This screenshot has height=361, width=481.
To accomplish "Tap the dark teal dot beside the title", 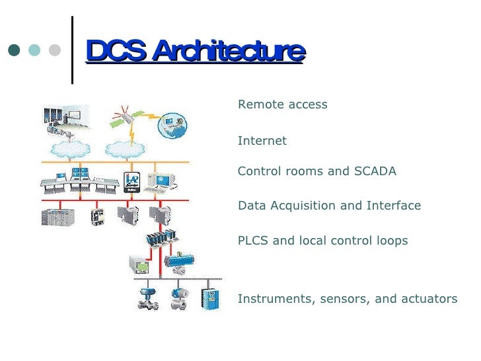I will (14, 50).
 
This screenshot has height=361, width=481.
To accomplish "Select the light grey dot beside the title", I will (55, 50).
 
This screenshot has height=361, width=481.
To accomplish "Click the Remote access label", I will (282, 104).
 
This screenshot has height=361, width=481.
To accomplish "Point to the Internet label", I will (262, 141).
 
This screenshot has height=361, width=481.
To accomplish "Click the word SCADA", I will (375, 171).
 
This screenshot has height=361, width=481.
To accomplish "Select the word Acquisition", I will (303, 206).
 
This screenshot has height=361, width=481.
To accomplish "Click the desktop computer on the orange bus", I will (160, 180).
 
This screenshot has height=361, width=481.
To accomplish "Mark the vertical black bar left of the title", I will (71, 50).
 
